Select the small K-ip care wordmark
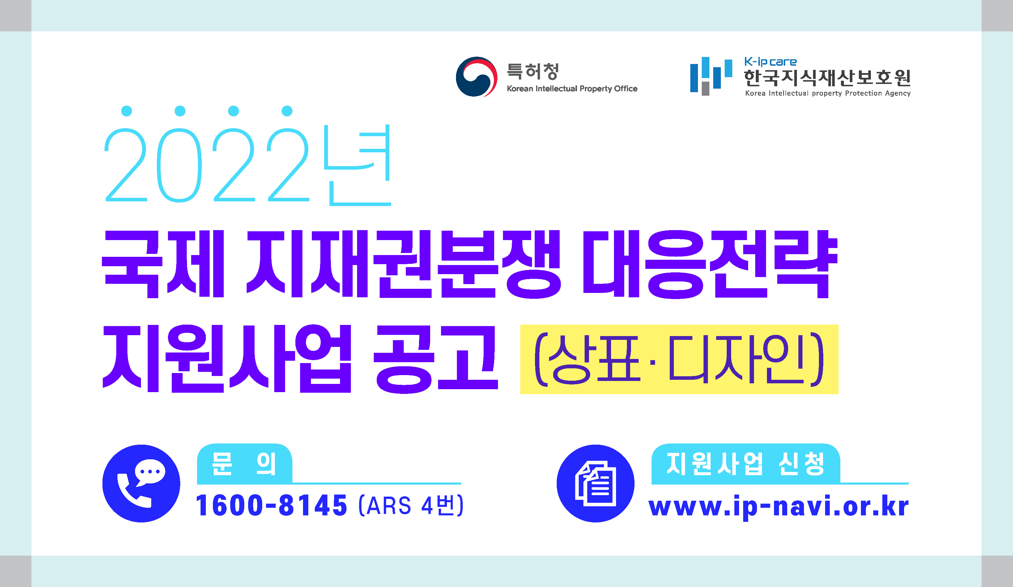click(x=770, y=62)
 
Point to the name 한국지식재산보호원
click(x=827, y=78)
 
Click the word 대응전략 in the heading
click(x=710, y=264)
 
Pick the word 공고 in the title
click(x=436, y=359)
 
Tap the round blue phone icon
click(x=141, y=483)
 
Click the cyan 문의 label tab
click(x=244, y=464)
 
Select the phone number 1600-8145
click(x=271, y=505)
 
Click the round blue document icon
click(x=595, y=483)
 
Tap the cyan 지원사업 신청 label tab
click(x=746, y=464)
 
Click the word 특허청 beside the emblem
click(x=533, y=72)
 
